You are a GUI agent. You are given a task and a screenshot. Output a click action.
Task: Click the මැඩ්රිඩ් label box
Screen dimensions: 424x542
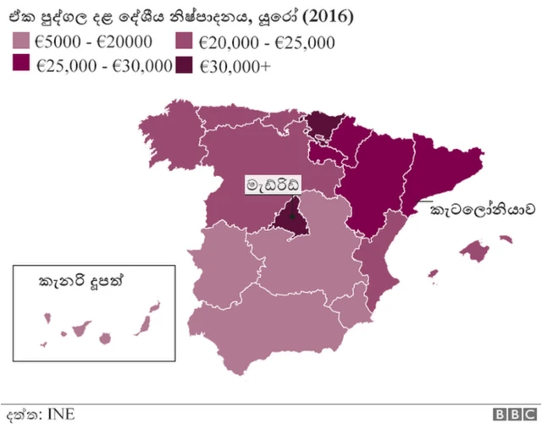point(273,184)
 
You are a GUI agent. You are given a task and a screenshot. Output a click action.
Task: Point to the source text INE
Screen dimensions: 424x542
point(61,414)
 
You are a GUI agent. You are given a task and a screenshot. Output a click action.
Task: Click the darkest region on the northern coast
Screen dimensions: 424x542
point(322,125)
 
